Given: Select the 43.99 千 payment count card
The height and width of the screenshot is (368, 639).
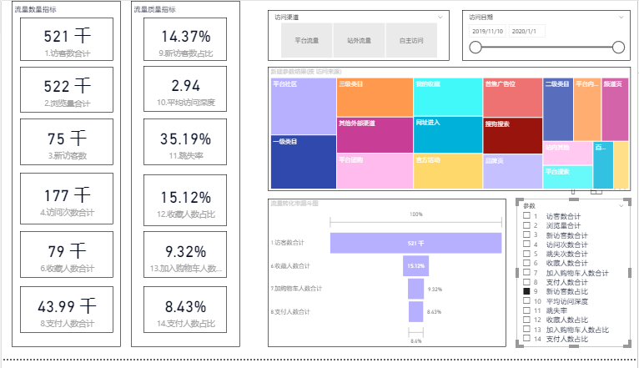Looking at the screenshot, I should pos(67,310).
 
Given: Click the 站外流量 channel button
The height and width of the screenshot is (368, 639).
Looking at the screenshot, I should pos(360,40).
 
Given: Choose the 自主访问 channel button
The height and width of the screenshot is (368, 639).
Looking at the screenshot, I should pos(411,40).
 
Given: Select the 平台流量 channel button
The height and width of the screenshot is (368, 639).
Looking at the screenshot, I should pos(307,40).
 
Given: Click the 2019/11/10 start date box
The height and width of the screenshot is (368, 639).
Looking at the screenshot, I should pos(487,30).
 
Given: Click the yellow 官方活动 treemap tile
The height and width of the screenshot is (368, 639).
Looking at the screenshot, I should pos(448,171).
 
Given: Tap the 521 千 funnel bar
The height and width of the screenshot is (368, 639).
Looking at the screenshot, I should pos(415,243).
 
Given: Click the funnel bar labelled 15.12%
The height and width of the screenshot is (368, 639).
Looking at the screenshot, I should pos(415,265).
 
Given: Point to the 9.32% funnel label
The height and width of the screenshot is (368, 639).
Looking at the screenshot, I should pos(434,289).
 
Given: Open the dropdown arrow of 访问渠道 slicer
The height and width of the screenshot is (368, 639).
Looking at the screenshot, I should pos(440,17).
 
